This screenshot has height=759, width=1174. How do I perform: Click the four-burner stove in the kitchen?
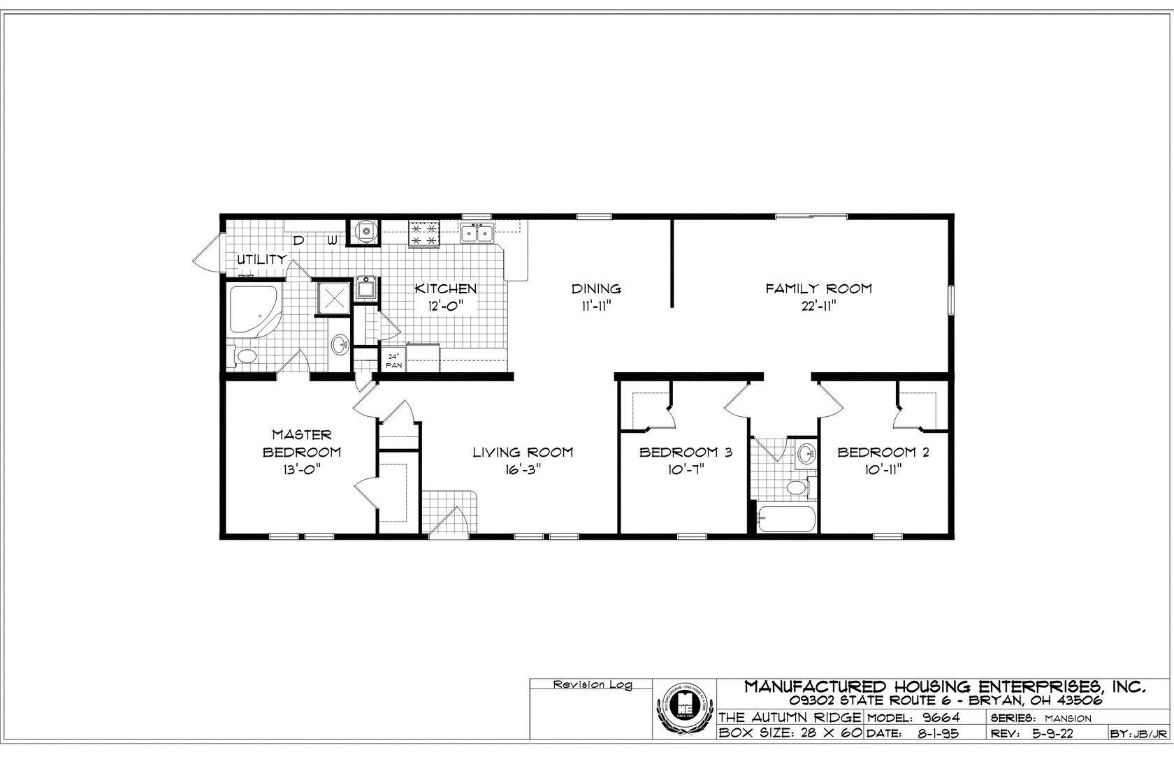point(424,233)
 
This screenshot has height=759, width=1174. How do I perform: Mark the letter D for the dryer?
point(298,242)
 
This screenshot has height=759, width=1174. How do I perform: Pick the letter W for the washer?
point(333,242)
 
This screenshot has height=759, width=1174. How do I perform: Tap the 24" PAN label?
point(393,360)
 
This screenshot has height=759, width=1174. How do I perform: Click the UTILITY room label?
point(261,259)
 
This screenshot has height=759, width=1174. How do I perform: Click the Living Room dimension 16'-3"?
point(523,469)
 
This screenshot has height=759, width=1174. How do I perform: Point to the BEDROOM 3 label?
point(686,452)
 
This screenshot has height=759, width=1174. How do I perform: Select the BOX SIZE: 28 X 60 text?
point(790,733)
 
